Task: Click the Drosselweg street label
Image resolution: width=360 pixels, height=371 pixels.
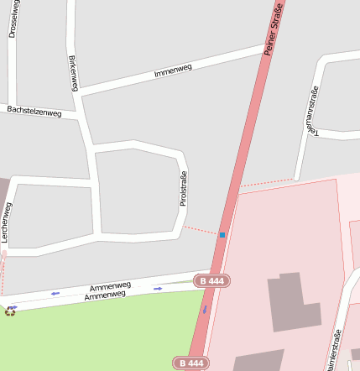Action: (x=13, y=18)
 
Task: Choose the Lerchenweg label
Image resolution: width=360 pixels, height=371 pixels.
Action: (x=7, y=222)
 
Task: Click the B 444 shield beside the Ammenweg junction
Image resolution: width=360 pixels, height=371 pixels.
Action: (x=212, y=280)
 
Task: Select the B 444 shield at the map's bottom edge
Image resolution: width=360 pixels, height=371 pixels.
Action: (x=191, y=363)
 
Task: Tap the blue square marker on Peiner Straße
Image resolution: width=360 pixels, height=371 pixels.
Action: (x=222, y=235)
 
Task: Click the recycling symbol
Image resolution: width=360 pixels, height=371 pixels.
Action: (x=10, y=311)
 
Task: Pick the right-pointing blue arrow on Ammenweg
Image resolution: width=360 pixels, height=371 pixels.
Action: (x=158, y=289)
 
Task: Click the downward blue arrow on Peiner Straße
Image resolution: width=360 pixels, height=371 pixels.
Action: (x=204, y=310)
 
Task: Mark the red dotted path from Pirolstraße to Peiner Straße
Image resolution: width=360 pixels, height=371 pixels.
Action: (x=199, y=229)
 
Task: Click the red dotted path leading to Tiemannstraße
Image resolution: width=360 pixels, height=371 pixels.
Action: (x=267, y=182)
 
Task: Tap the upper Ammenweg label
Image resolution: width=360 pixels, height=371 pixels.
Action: (x=110, y=287)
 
